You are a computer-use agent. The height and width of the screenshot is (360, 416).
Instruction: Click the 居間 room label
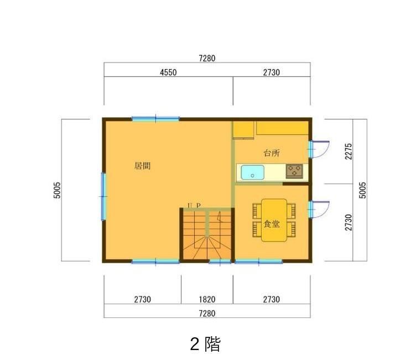(143, 166)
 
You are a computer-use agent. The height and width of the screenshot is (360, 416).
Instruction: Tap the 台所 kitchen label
(272, 153)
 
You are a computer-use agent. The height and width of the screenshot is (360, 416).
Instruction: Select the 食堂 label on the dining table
(272, 224)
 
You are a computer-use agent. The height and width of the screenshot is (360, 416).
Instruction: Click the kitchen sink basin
(253, 173)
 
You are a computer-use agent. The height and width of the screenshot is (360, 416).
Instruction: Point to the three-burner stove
(294, 171)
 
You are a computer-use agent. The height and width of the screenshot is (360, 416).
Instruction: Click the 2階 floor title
(205, 344)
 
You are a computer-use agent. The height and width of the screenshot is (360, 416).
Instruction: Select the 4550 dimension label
(168, 72)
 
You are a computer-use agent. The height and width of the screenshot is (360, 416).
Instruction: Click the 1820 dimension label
(207, 300)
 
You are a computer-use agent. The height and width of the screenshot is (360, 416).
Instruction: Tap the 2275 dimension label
(349, 151)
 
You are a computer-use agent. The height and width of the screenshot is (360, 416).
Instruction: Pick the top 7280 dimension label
(207, 59)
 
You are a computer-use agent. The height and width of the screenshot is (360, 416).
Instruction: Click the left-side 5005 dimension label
(57, 190)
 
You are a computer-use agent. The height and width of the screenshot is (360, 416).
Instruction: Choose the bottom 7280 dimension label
(207, 314)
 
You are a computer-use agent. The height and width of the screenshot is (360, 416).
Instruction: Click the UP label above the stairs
(194, 206)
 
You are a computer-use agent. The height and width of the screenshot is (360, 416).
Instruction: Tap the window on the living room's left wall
(103, 196)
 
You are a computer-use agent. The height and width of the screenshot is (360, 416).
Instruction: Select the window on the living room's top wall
(156, 119)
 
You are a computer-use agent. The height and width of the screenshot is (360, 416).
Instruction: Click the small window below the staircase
(220, 262)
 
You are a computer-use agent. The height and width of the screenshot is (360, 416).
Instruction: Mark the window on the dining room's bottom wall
(259, 262)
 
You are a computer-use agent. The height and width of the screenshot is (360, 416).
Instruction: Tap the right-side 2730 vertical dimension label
(349, 222)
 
